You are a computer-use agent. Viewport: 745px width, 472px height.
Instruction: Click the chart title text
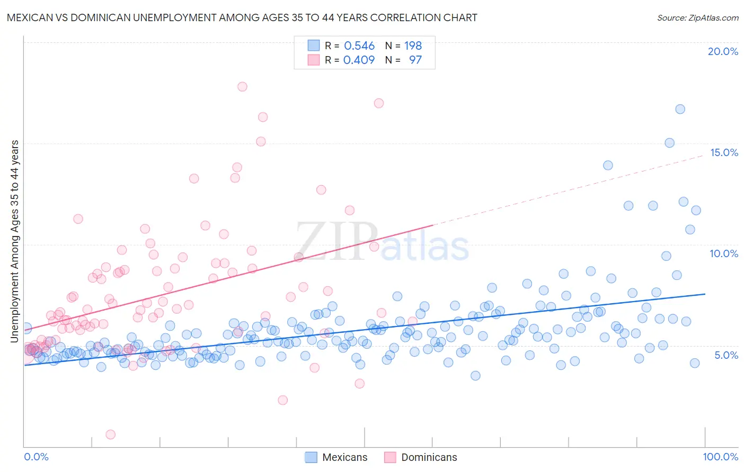[x=242, y=17]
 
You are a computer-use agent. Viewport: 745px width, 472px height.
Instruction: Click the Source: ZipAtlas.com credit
[x=697, y=17]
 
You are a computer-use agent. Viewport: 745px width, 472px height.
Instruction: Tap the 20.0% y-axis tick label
[x=723, y=51]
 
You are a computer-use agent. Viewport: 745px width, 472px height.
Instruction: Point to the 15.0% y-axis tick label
[x=724, y=152]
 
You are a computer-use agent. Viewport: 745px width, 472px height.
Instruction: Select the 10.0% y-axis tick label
[x=724, y=253]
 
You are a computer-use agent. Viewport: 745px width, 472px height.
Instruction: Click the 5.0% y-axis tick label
[x=726, y=355]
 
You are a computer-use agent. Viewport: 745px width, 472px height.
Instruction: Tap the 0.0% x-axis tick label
[x=36, y=457]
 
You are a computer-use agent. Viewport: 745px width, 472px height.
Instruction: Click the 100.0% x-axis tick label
[x=720, y=457]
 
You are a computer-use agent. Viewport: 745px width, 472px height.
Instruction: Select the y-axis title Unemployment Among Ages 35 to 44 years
[x=15, y=241]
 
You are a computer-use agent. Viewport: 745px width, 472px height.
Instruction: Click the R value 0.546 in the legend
[x=359, y=46]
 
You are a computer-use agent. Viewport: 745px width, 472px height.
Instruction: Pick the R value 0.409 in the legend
[x=359, y=60]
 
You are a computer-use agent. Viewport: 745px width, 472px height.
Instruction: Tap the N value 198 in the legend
[x=413, y=46]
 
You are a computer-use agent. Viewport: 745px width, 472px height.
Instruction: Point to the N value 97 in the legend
[x=415, y=60]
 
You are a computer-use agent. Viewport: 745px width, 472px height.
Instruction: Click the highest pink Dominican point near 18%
[x=242, y=87]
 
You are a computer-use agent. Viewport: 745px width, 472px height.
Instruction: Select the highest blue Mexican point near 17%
[x=680, y=109]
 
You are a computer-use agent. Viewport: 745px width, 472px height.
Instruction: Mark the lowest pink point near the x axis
[x=111, y=434]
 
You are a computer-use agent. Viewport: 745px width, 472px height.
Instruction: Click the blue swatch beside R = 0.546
[x=314, y=46]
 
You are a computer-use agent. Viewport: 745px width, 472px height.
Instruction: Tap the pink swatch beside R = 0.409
[x=314, y=60]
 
